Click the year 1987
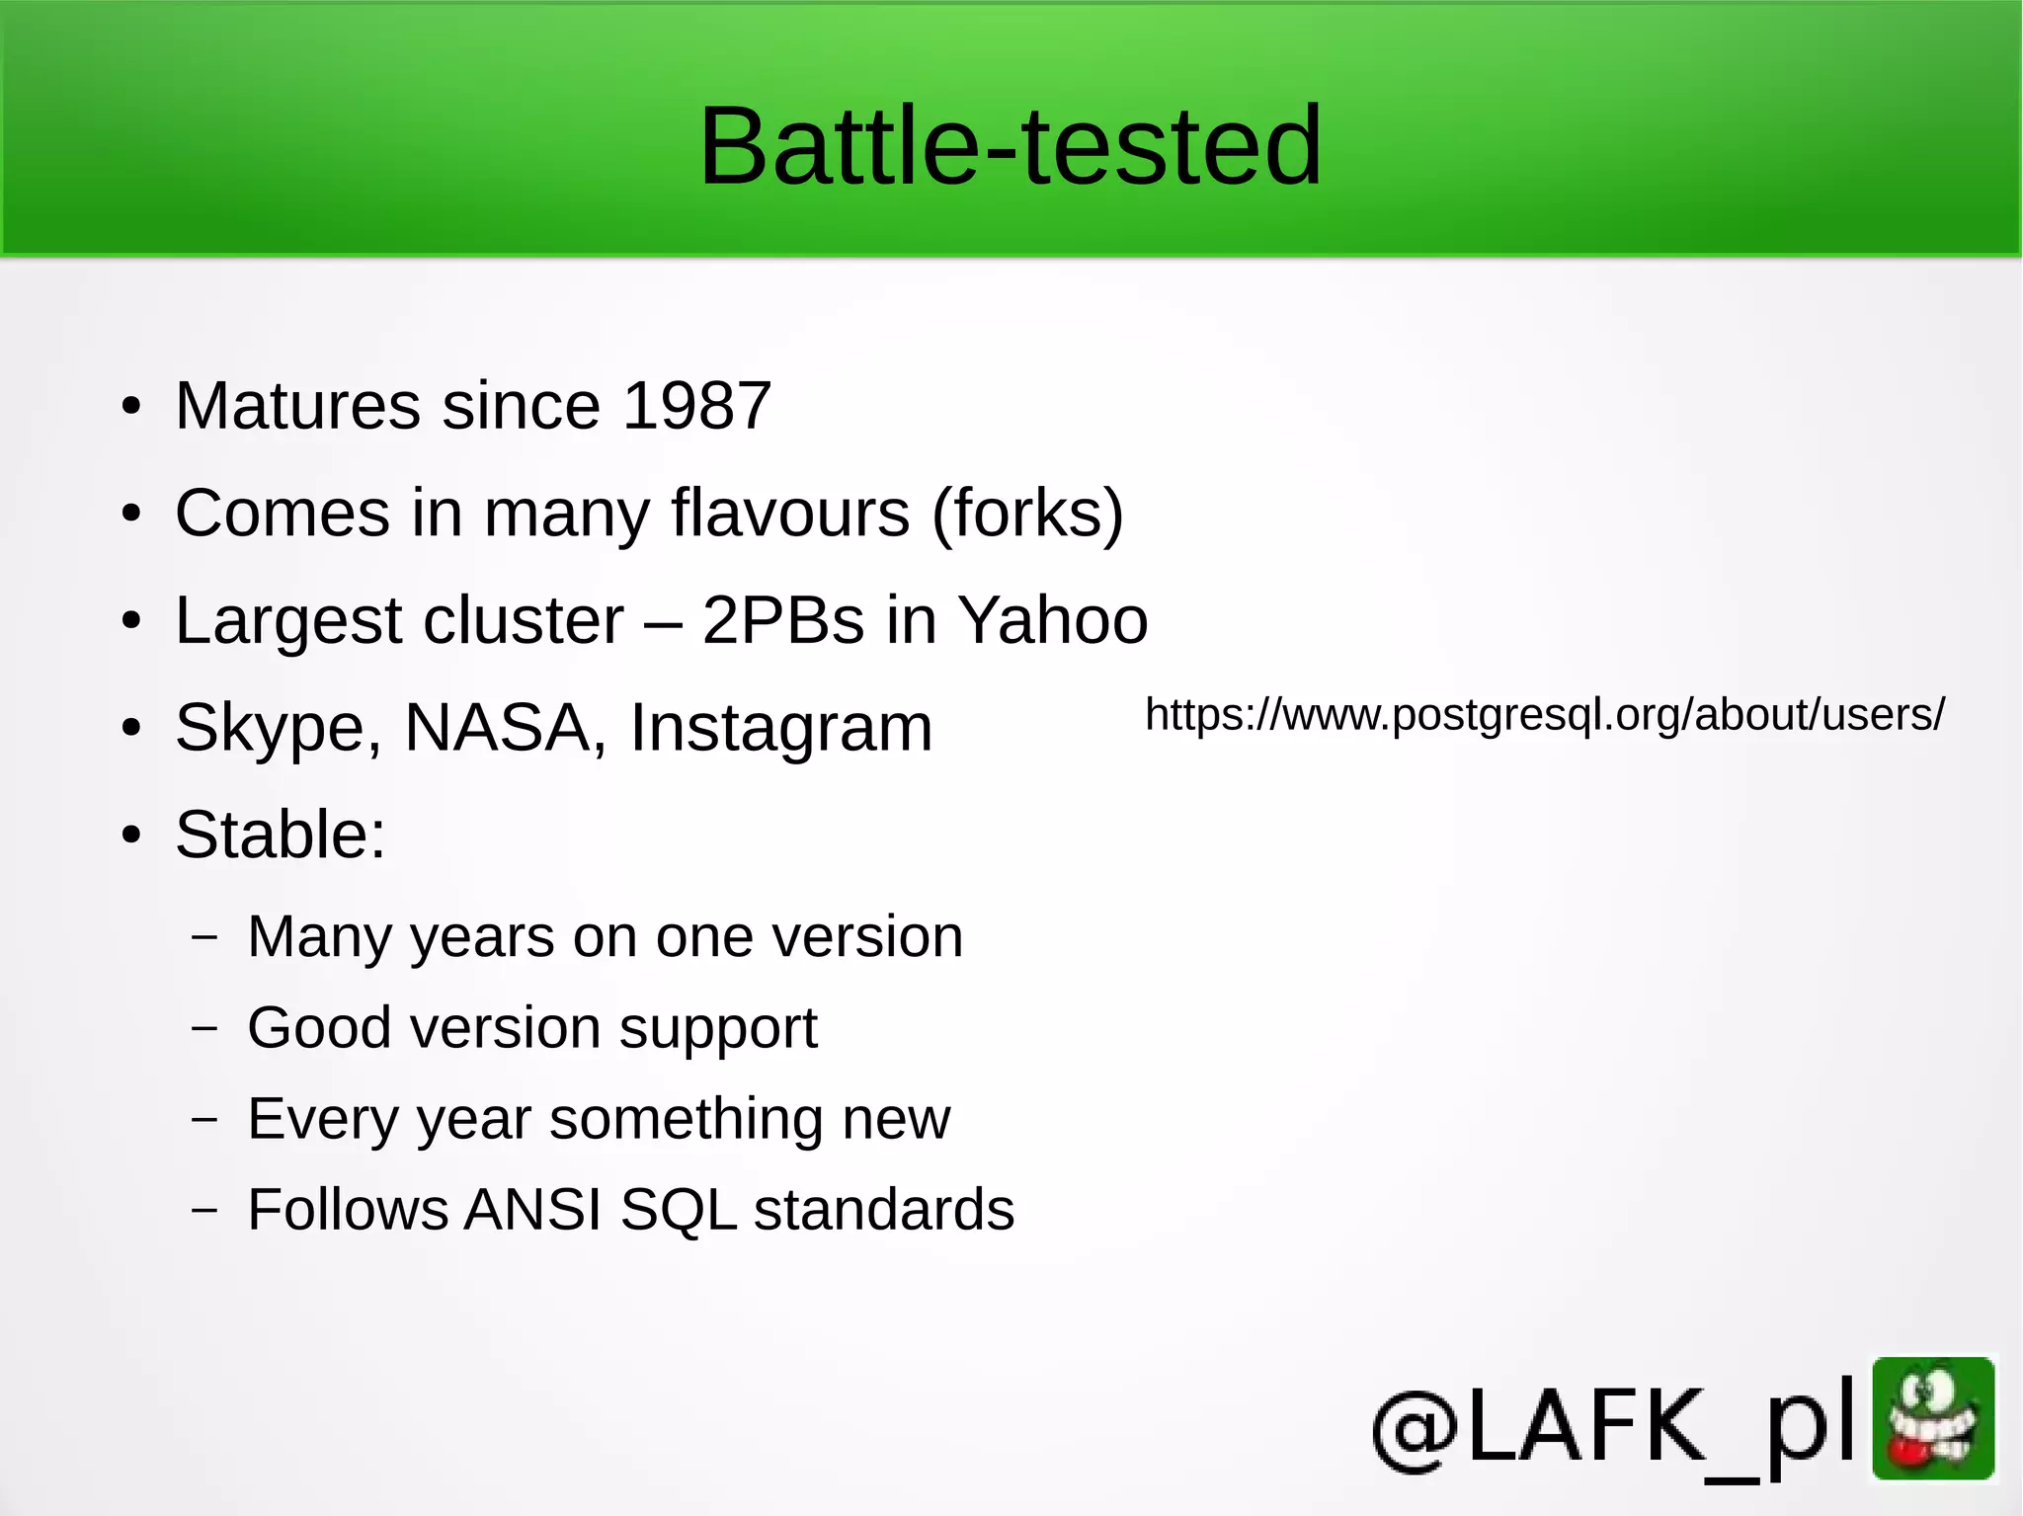[x=697, y=405]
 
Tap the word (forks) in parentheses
[x=1027, y=514]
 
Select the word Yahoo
[x=1053, y=620]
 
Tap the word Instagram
[x=781, y=729]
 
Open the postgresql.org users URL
[x=1544, y=714]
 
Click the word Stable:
[x=281, y=835]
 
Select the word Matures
[x=297, y=405]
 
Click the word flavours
[x=790, y=513]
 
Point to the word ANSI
[x=532, y=1209]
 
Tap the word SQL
[x=679, y=1209]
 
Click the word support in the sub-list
[x=718, y=1029]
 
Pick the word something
[x=687, y=1118]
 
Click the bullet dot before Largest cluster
[x=131, y=621]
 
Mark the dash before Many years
[x=204, y=937]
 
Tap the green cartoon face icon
[x=1933, y=1418]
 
